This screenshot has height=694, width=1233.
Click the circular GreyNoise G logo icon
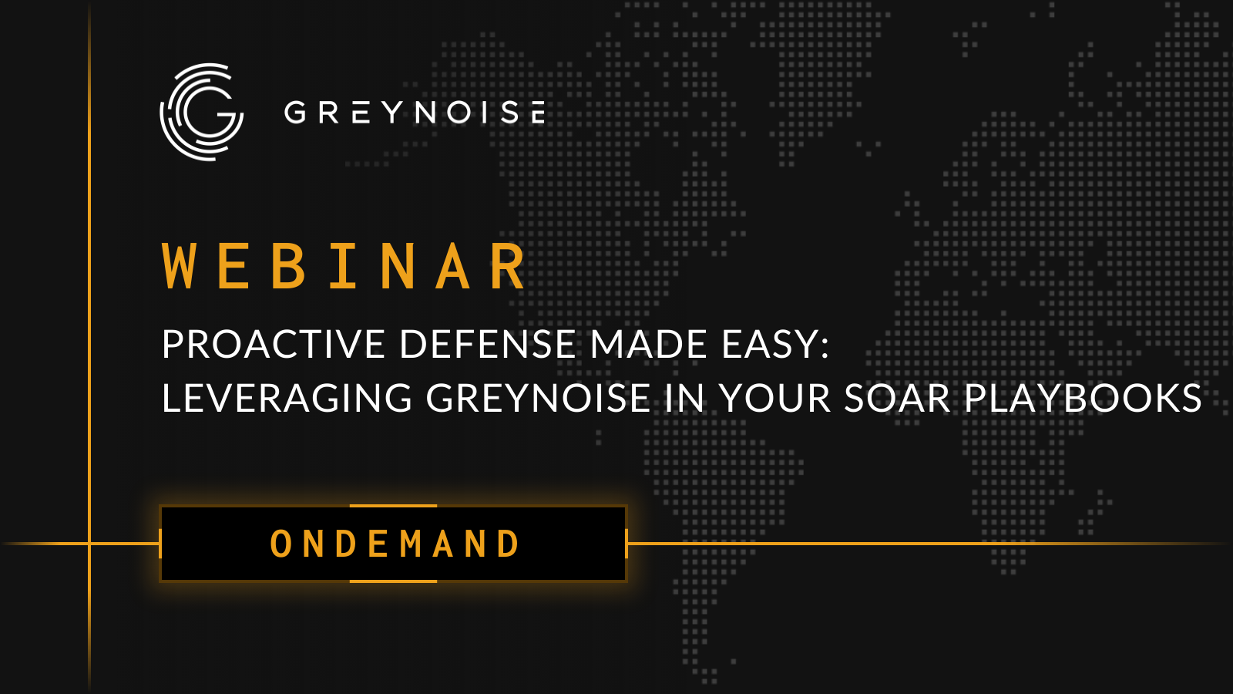202,112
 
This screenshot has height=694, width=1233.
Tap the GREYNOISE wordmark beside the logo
415,113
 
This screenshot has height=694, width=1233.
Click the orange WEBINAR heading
344,267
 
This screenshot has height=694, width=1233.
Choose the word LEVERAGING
287,399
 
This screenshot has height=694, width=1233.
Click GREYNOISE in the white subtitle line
538,399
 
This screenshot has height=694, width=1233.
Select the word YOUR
775,399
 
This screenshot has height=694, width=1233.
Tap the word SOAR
897,399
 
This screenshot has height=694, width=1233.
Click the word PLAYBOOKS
1083,399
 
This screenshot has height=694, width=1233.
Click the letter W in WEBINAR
180,267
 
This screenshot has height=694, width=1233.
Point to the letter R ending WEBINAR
508,267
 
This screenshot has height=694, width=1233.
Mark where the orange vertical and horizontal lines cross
89,544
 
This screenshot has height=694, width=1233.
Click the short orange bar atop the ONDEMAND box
393,506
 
